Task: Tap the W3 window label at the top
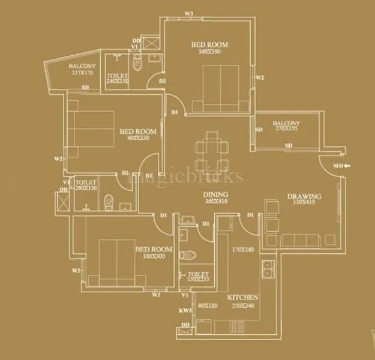point(190,13)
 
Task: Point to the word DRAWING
point(304,196)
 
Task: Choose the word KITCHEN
point(242,297)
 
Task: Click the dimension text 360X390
point(210,52)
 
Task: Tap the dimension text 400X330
point(137,138)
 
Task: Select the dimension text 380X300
point(154,256)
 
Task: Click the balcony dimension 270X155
point(286,128)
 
